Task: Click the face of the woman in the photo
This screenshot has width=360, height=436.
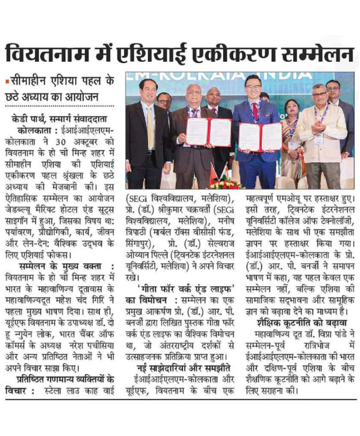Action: (292, 109)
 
